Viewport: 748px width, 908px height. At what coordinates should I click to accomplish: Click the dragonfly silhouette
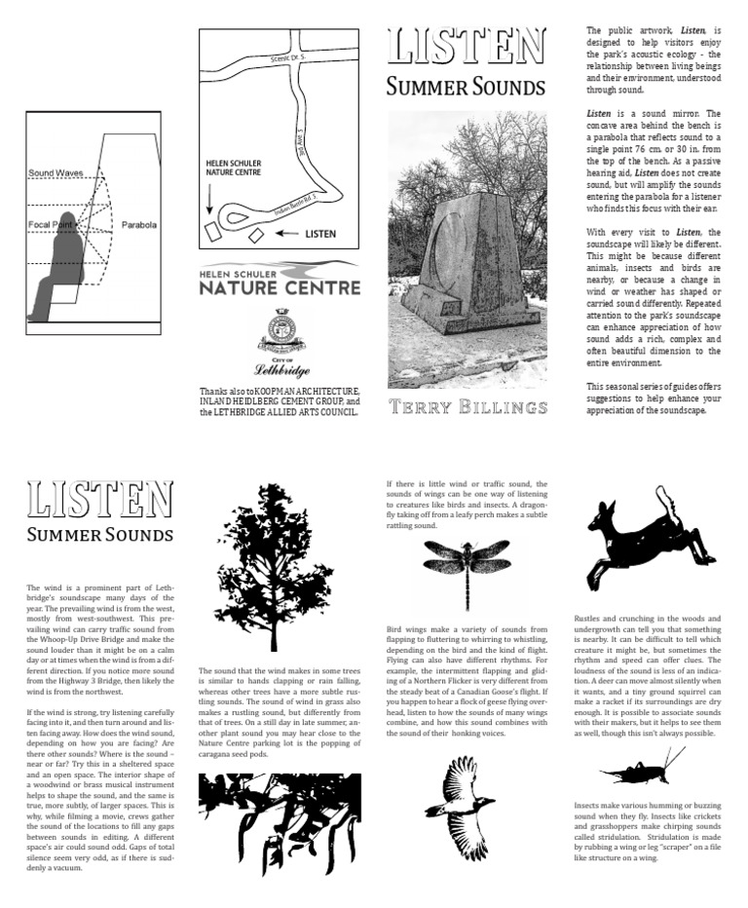(467, 569)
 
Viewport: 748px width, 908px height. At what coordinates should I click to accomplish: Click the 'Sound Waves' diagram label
(56, 173)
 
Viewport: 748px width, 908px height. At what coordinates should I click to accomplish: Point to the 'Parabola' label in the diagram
(138, 224)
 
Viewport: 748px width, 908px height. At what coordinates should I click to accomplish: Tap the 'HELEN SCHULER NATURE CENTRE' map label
(235, 167)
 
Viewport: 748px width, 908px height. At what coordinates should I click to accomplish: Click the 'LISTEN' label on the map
(320, 234)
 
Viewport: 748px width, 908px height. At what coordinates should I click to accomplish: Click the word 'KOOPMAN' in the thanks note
(294, 391)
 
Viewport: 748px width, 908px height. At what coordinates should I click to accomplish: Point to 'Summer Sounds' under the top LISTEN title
(465, 88)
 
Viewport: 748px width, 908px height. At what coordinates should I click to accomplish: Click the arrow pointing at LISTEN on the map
(286, 234)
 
